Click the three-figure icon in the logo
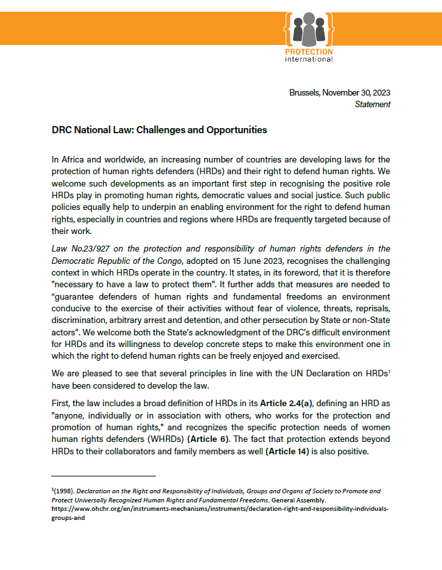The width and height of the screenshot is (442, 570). click(x=309, y=29)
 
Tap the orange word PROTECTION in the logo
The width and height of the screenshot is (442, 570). click(x=309, y=52)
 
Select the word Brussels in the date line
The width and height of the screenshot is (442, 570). click(x=304, y=93)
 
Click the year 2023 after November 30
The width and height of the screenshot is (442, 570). click(x=380, y=93)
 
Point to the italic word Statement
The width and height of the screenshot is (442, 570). click(x=373, y=104)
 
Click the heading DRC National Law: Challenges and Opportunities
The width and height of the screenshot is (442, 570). click(x=159, y=130)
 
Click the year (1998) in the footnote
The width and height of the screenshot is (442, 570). click(x=62, y=491)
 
